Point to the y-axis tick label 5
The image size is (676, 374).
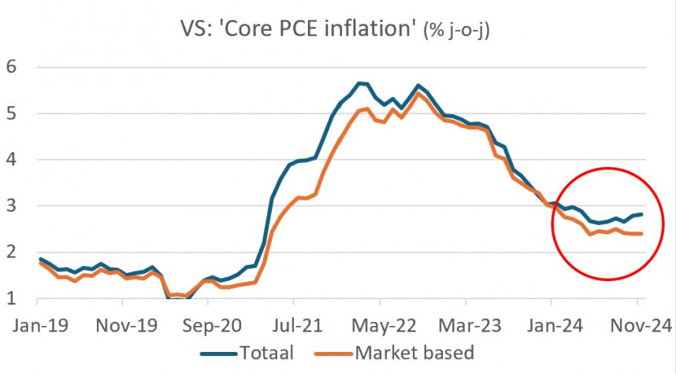pos(11,113)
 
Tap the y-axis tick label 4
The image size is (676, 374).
pos(11,159)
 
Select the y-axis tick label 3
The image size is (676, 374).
pos(11,206)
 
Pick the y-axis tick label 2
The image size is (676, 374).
pos(11,252)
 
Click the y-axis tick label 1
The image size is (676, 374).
pos(11,298)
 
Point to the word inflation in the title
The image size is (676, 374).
pos(371,31)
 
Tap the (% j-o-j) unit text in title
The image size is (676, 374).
pos(456,33)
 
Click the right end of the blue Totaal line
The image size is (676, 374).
pos(642,214)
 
